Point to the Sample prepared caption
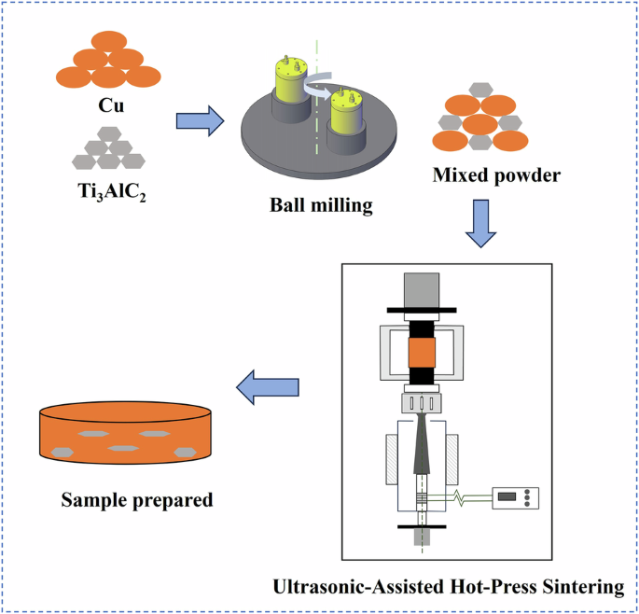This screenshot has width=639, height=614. pyautogui.click(x=136, y=499)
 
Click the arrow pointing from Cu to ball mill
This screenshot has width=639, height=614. pyautogui.click(x=200, y=119)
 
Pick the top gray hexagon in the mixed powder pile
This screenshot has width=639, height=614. pyautogui.click(x=480, y=90)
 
